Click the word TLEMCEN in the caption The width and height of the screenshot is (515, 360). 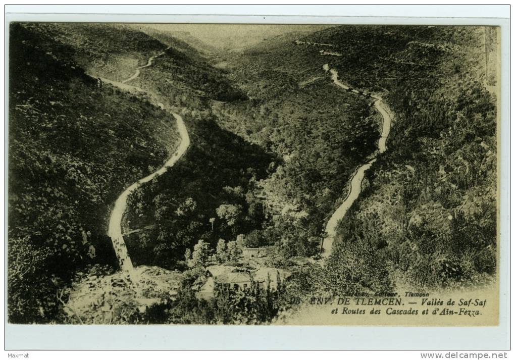click(x=378, y=302)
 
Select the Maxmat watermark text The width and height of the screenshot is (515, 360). click(x=18, y=355)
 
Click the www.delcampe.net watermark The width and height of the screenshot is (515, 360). click(x=465, y=355)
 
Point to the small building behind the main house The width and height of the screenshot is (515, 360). click(x=254, y=251)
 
